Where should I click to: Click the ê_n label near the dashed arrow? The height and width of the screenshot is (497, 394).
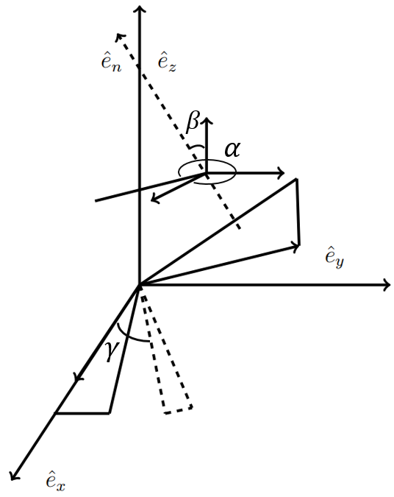(111, 63)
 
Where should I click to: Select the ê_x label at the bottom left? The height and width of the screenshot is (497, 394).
(55, 482)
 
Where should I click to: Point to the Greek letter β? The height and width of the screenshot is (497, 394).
(193, 122)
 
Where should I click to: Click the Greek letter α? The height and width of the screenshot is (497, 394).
(232, 150)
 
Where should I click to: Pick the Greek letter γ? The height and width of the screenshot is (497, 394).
(110, 353)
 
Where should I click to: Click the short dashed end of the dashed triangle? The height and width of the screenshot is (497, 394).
(179, 409)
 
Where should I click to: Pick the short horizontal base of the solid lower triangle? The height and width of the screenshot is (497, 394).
(82, 413)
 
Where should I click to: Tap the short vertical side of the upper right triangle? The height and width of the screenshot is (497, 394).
(298, 211)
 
